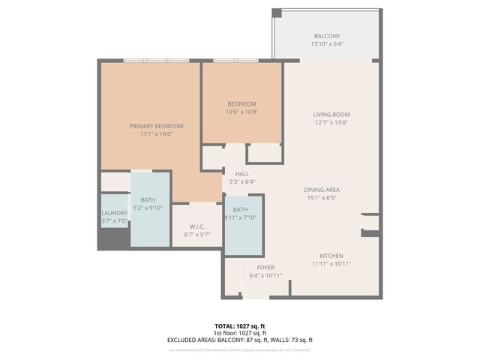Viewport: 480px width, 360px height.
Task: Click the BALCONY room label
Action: coord(326,36)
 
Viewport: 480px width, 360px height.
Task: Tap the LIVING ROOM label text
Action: coord(331,115)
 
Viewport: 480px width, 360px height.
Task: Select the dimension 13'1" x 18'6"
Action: coord(156,134)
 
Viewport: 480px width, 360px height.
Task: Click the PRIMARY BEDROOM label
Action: coord(156,126)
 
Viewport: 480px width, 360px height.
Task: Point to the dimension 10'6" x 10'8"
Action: coord(241,112)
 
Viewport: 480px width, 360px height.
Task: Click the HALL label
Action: coord(241,173)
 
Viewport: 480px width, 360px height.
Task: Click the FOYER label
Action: coord(265,268)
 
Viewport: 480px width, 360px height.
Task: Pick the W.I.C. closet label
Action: coord(196,226)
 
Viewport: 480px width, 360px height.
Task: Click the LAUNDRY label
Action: coord(115,213)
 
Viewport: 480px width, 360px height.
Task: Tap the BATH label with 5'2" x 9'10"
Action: coord(147,200)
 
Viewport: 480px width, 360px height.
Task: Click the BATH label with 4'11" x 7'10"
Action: coord(240,209)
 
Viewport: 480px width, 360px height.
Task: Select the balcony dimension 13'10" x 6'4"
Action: coord(326,44)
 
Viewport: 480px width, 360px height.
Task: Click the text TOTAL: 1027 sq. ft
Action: coord(240,326)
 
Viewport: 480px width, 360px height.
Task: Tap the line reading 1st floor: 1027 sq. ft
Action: coord(240,333)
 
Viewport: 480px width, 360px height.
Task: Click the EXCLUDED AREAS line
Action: coord(240,340)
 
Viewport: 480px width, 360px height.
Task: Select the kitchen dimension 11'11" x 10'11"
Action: coord(331,264)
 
